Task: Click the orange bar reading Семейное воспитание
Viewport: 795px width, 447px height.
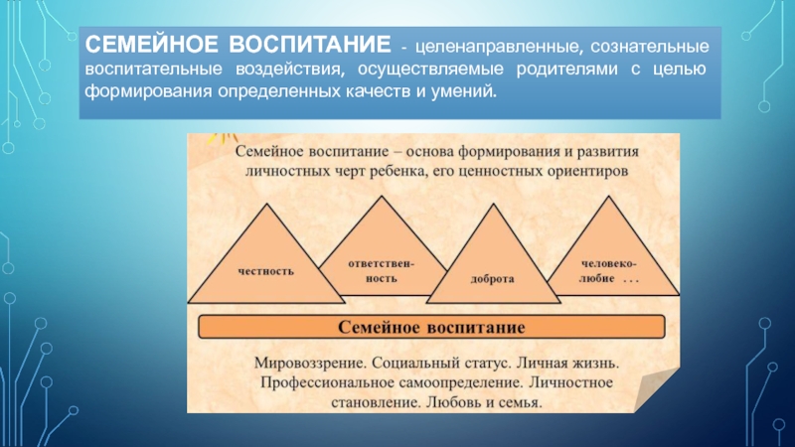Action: click(x=432, y=326)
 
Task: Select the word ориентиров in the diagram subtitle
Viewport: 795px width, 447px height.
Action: click(x=591, y=171)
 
